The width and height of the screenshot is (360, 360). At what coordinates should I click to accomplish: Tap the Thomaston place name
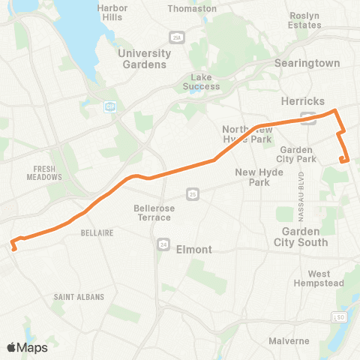[192, 8]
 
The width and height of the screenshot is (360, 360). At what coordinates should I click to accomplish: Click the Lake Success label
[202, 82]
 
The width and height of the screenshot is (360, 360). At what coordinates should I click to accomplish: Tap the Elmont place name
[193, 249]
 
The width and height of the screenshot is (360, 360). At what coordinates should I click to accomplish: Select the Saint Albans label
[73, 297]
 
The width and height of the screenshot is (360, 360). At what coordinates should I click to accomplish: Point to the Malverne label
[289, 341]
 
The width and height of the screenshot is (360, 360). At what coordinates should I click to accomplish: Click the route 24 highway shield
[163, 244]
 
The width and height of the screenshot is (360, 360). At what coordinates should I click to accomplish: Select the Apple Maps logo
[27, 347]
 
